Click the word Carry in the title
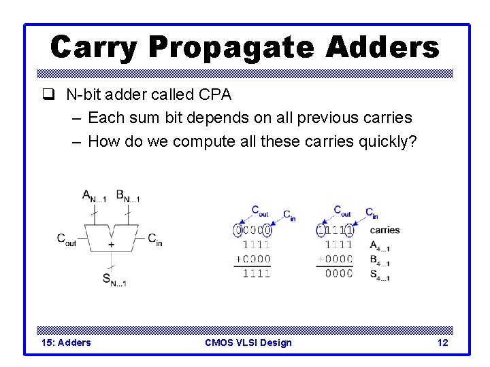[94, 48]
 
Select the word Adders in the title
[382, 48]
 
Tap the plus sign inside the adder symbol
[111, 243]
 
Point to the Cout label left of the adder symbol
[67, 239]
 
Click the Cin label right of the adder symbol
[155, 239]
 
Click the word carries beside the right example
[385, 230]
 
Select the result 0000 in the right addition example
[338, 273]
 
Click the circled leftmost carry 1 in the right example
[321, 230]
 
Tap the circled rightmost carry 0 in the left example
[267, 230]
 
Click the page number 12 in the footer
[442, 343]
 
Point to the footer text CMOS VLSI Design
[248, 343]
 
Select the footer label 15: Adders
[66, 343]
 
